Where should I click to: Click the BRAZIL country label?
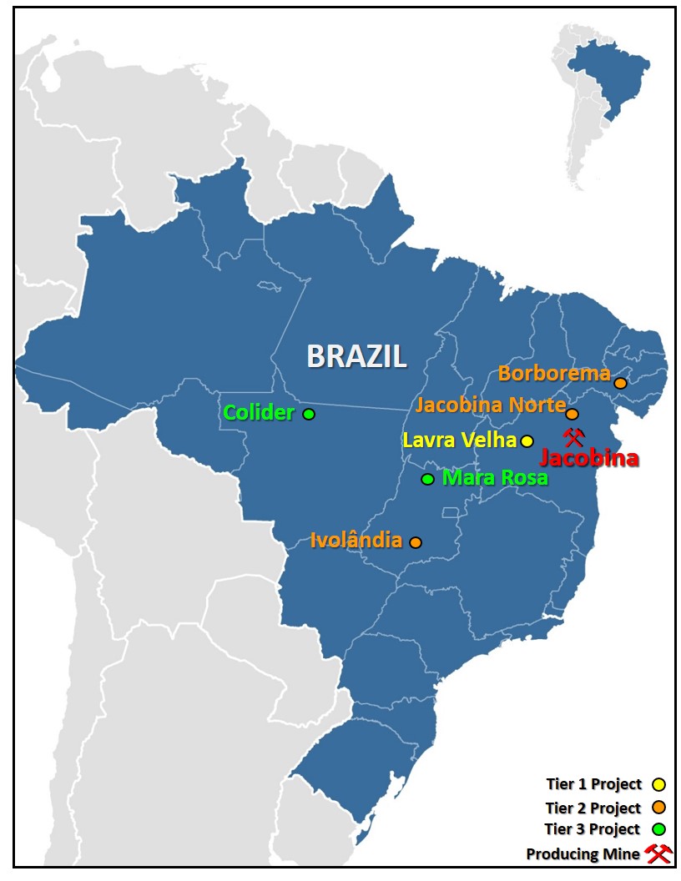[356, 356]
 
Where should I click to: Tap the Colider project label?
[259, 412]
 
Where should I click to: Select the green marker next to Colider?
[309, 414]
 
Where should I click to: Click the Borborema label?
[554, 374]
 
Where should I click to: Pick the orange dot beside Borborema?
[620, 383]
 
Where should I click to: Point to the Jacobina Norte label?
[490, 405]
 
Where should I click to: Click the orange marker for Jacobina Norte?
[572, 414]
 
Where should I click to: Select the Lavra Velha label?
[459, 440]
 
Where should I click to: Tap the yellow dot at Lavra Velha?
[527, 440]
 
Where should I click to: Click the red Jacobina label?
[589, 458]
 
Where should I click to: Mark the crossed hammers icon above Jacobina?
[573, 436]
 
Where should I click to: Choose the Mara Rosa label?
[495, 478]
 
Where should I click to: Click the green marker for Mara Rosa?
[427, 479]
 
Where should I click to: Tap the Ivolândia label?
[356, 540]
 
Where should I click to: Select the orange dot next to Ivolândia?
[416, 542]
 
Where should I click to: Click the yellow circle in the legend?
[658, 784]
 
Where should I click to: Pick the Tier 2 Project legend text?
[593, 808]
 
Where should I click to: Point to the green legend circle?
[658, 829]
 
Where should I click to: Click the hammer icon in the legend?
[658, 853]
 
